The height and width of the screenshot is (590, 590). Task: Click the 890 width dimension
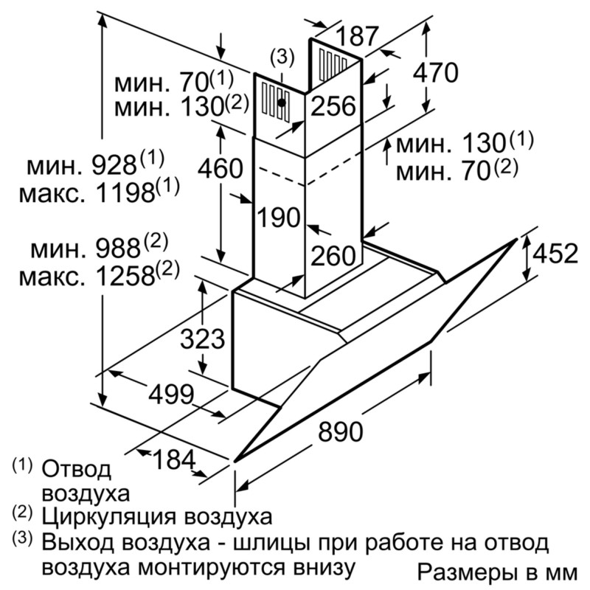pos(340,431)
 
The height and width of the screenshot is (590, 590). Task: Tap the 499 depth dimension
pos(171,395)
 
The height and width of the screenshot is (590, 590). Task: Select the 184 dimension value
pos(175,459)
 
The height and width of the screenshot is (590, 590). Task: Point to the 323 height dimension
pos(202,339)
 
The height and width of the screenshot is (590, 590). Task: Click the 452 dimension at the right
pos(555,253)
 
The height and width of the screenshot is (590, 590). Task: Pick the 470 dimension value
pos(435,72)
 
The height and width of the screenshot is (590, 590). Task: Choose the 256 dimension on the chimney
pos(333,105)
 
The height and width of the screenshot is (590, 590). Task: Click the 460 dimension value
pos(221,168)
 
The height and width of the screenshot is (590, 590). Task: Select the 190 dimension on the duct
pos(279,217)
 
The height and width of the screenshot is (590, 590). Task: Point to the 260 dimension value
pos(333,255)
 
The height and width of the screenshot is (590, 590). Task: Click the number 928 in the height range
pos(114,165)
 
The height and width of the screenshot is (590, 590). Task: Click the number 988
pos(118,249)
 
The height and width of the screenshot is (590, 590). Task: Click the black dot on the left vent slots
pos(282,102)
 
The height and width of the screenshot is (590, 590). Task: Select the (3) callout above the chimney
pos(282,58)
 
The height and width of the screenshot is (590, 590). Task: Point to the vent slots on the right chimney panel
pos(333,65)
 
